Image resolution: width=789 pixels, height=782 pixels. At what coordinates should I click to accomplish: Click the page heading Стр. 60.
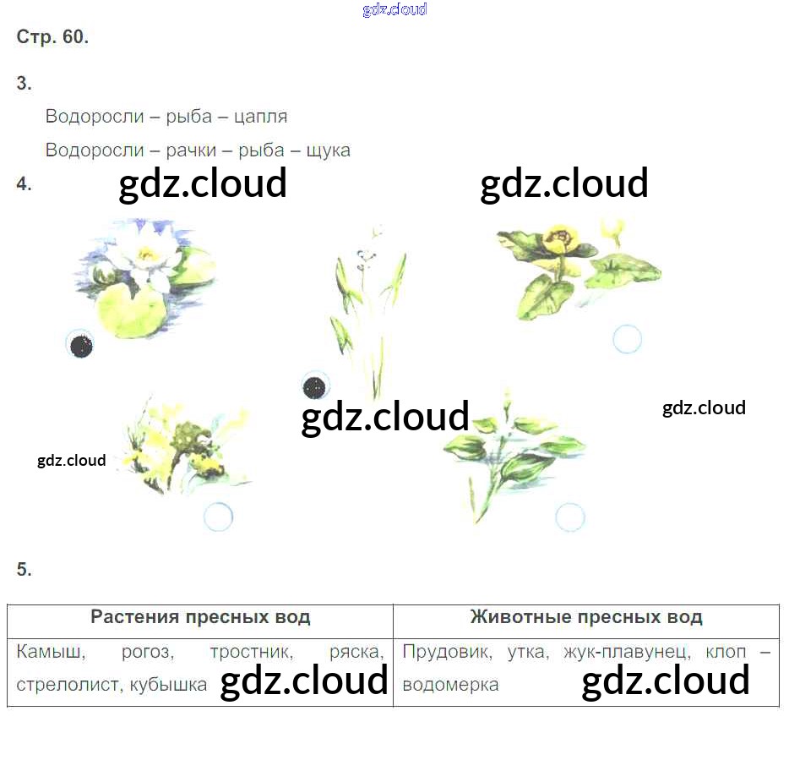tap(52, 37)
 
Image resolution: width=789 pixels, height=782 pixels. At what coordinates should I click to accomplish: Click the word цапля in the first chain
tap(259, 117)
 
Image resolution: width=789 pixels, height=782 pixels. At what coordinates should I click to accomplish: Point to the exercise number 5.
tap(24, 570)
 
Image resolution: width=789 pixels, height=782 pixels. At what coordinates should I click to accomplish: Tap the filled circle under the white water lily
tap(80, 344)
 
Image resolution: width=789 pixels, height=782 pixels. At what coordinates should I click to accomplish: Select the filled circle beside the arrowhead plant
tap(314, 387)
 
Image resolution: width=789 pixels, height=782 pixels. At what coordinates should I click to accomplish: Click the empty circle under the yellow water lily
tap(627, 339)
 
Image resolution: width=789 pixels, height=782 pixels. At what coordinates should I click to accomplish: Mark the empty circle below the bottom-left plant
tap(218, 517)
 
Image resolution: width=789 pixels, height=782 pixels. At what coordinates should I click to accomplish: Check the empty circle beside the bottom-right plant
tap(570, 517)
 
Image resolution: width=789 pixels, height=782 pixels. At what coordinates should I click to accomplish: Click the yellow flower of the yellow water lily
tap(558, 235)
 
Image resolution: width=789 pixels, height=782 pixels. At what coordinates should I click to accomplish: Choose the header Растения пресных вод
tap(200, 617)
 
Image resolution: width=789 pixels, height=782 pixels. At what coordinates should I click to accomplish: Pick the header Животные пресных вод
tap(586, 617)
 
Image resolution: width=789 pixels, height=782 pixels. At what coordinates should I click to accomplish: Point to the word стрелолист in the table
tap(68, 685)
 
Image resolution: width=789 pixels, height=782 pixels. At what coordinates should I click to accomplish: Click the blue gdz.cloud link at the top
tap(394, 9)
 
